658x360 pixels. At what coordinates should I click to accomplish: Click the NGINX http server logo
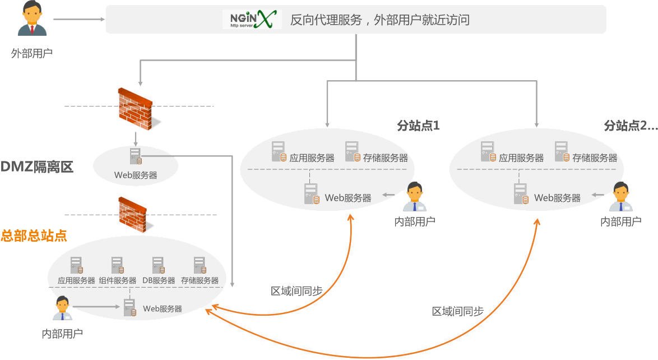(251, 19)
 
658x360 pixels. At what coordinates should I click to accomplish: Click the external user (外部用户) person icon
(32, 19)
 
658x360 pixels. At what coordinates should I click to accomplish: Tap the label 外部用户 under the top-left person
(32, 54)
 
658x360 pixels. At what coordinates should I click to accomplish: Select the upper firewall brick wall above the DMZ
(136, 108)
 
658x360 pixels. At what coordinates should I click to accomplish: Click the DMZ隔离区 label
(37, 167)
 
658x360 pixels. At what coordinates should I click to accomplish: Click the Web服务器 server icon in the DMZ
(135, 156)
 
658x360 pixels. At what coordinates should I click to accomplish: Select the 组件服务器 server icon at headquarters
(117, 265)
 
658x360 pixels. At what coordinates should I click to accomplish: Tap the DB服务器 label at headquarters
(159, 280)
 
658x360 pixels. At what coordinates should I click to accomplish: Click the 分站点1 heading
(418, 126)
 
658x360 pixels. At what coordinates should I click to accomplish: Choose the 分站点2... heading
(631, 126)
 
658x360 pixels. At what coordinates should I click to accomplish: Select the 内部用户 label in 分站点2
(620, 221)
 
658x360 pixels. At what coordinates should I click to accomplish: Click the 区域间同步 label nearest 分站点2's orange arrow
(457, 311)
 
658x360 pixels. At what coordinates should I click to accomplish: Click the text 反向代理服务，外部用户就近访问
(379, 21)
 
